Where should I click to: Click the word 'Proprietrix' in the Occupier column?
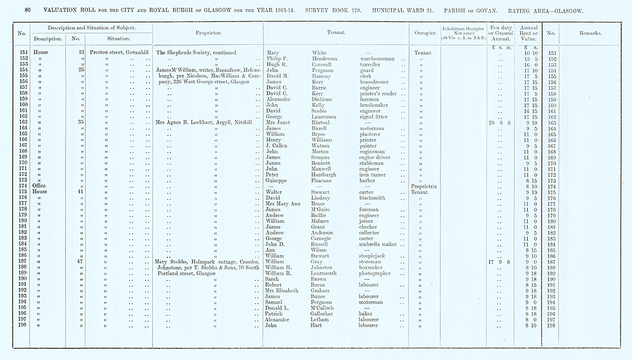[x=423, y=186]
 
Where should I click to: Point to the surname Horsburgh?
[x=327, y=174]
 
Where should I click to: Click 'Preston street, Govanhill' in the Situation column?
[x=119, y=52]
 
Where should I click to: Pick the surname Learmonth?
[x=328, y=273]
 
